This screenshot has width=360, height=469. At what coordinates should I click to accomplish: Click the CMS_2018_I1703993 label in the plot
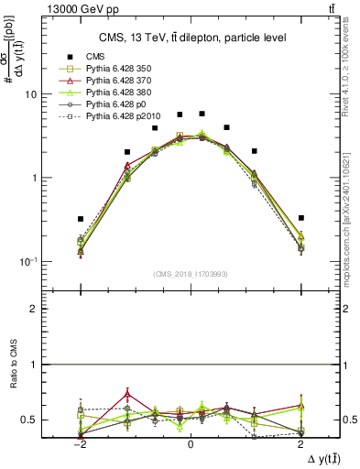(191, 274)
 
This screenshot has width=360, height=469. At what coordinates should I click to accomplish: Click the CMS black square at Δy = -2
(81, 219)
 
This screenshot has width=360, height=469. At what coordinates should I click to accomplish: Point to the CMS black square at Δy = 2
(301, 218)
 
